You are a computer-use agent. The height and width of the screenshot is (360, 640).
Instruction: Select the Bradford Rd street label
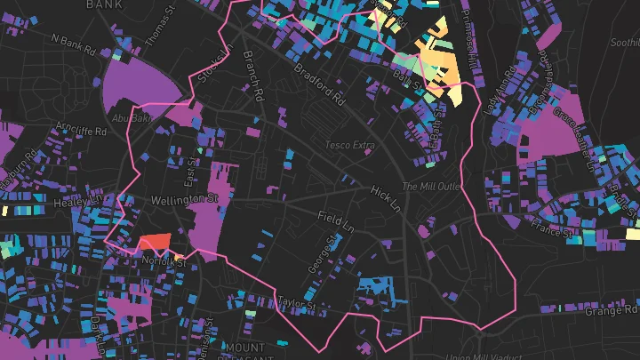click(318, 79)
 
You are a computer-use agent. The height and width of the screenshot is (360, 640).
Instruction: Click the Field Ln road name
click(336, 220)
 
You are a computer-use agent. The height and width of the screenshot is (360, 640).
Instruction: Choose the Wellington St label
click(184, 200)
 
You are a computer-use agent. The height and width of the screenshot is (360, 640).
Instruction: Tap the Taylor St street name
click(296, 304)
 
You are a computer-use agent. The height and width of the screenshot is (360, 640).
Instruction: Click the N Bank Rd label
click(73, 44)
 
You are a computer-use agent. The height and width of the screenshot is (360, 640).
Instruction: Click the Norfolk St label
click(164, 261)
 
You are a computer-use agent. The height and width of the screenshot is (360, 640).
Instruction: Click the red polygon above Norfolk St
click(154, 242)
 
